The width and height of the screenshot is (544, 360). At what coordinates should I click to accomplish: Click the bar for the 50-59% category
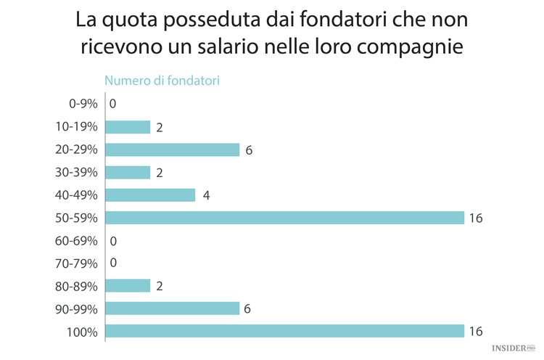tap(284, 218)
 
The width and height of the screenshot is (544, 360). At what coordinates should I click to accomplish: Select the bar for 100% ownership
tap(284, 331)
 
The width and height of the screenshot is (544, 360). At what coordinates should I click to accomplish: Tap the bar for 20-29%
tap(173, 150)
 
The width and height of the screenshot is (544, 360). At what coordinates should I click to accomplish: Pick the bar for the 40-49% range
tap(150, 195)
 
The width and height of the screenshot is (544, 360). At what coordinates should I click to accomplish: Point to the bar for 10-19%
tap(128, 127)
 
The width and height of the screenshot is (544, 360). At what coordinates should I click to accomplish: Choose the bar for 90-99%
tap(173, 308)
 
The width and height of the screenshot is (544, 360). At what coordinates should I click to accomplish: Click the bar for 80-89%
tap(128, 286)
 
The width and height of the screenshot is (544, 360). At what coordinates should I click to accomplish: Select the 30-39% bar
tap(128, 172)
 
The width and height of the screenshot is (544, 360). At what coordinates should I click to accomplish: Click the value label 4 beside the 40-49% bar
tap(206, 195)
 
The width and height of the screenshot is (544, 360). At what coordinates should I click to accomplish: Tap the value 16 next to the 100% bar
tap(477, 332)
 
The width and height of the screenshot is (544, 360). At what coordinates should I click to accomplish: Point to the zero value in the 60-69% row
tap(113, 241)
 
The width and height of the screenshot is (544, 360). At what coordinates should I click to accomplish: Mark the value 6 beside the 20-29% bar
tap(249, 150)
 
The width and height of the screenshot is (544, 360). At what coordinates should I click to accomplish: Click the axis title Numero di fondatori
tap(162, 81)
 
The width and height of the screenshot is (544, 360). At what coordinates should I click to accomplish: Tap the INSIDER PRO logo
tap(513, 349)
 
